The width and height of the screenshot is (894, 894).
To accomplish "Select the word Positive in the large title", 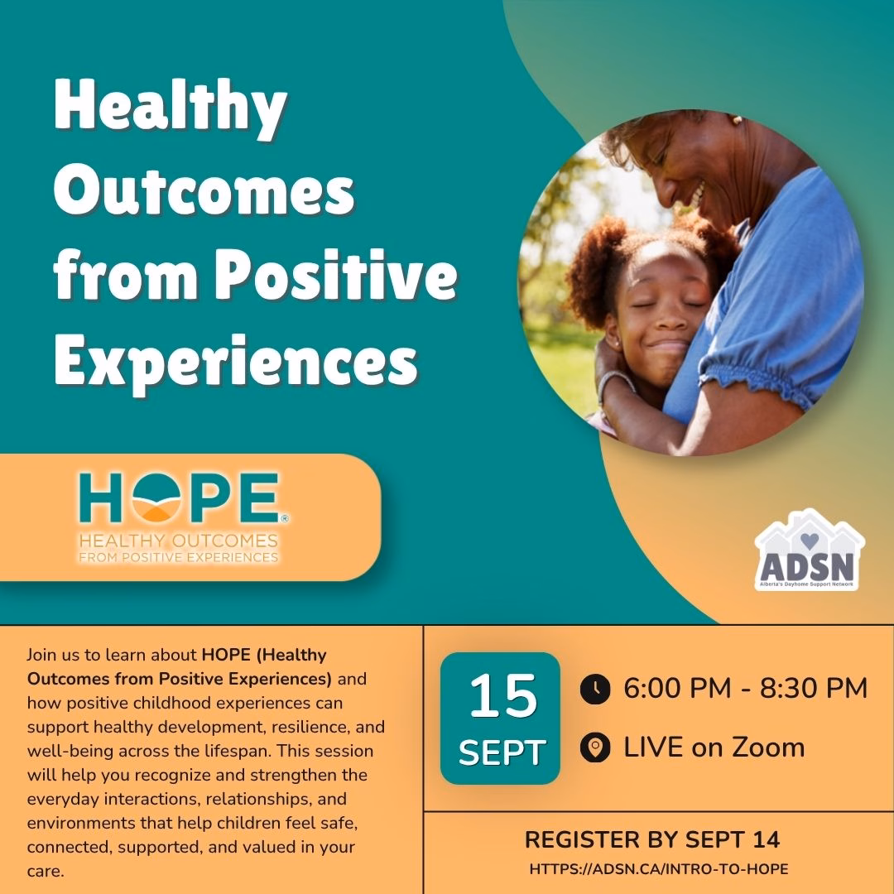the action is click(336, 275).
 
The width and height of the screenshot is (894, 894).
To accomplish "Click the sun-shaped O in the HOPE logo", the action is click(156, 497).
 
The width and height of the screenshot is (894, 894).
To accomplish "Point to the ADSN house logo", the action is click(810, 550).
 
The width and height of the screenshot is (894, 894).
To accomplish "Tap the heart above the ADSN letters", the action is click(810, 540).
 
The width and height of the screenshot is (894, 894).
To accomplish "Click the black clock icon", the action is click(595, 689).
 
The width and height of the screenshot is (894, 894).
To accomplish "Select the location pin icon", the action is click(595, 747).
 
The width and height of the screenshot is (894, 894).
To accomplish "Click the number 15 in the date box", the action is click(503, 696).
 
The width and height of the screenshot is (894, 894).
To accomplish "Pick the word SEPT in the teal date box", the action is click(502, 753).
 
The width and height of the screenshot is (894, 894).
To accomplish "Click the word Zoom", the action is click(768, 747).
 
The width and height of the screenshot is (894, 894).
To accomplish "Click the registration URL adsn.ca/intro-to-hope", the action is click(659, 869).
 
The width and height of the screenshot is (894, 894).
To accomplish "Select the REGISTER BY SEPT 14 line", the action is click(652, 839).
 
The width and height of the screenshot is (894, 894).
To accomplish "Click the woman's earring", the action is click(737, 120).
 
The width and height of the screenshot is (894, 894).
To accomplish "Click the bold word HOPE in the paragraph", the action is click(226, 655).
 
